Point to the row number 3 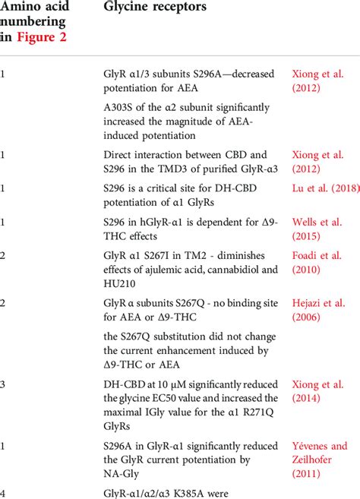point(4,384)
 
